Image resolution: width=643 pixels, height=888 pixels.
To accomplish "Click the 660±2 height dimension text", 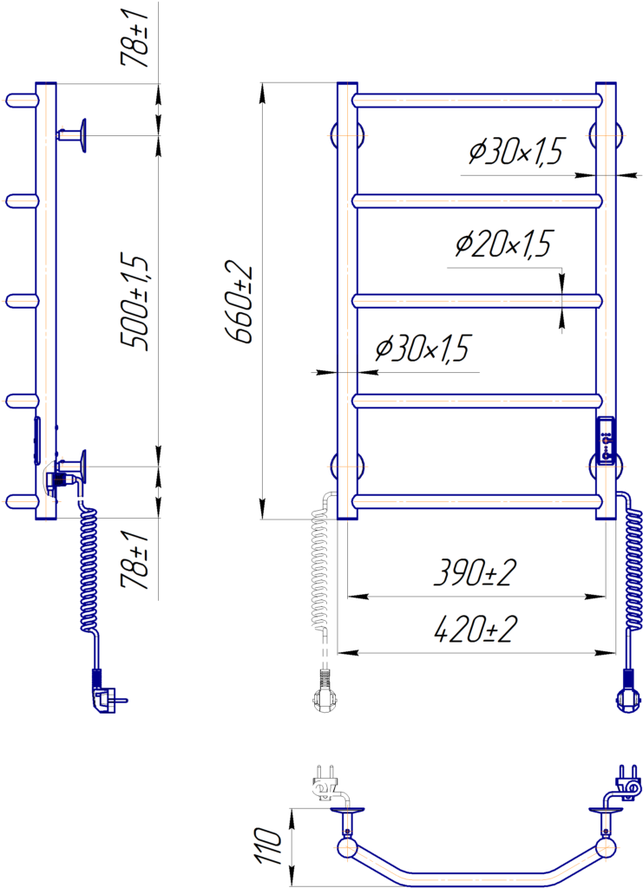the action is [x=239, y=302].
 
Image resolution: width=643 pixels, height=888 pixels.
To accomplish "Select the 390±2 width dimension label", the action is [x=475, y=572].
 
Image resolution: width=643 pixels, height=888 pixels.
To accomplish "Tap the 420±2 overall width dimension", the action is [x=475, y=630].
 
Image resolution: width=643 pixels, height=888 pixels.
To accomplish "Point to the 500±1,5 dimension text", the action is [x=135, y=302].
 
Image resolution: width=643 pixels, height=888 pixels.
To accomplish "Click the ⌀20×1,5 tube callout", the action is [x=503, y=244].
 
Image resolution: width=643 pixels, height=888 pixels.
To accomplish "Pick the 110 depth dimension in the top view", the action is [x=268, y=846].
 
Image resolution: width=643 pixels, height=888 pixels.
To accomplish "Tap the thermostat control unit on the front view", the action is [x=607, y=441].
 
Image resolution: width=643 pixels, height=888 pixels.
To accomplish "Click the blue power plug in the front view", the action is [x=627, y=691].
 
